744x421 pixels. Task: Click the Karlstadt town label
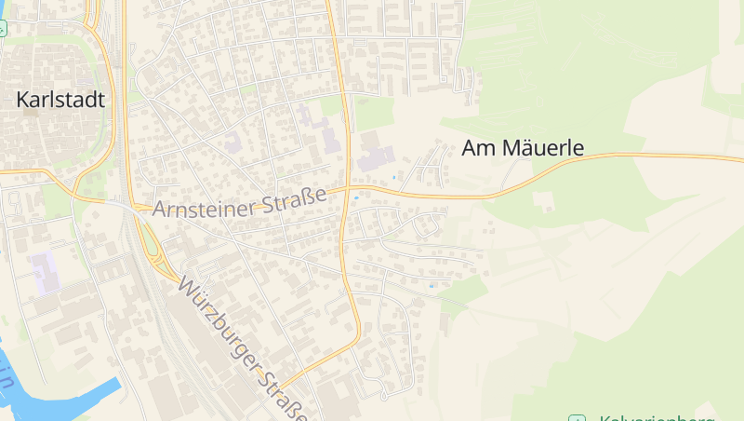tap(60, 101)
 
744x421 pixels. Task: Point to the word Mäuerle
tap(543, 147)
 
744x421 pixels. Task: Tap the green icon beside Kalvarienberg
tap(578, 418)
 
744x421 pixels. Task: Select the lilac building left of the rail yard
tap(44, 268)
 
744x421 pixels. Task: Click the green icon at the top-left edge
tap(2, 28)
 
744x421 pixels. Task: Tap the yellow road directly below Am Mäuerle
tap(521, 186)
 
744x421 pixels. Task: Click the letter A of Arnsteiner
tap(159, 211)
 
